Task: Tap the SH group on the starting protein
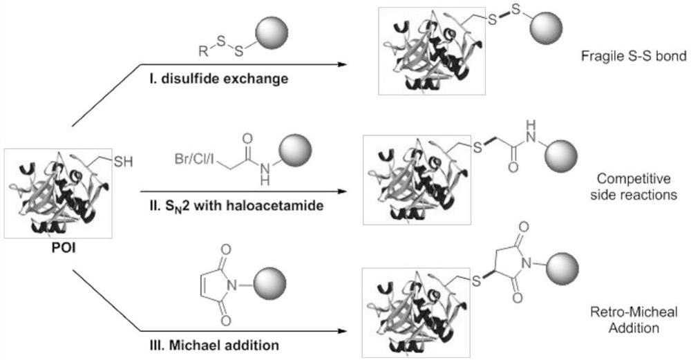coord(122,164)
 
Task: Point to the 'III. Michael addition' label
coord(200,344)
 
